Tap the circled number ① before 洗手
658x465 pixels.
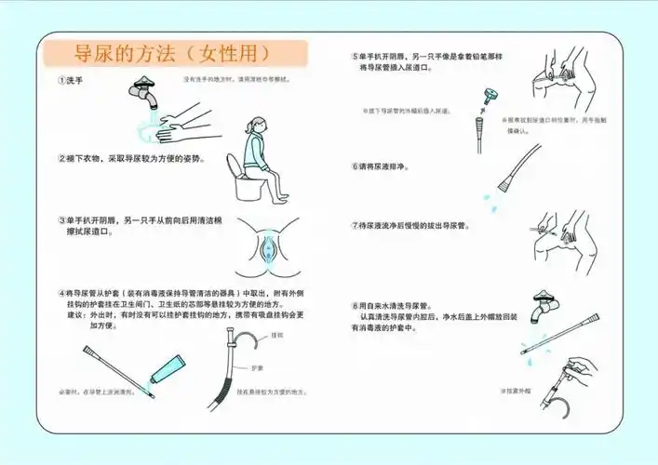[61, 81]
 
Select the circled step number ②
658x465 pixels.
[61, 158]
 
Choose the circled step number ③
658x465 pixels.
[61, 221]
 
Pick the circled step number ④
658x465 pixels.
[61, 291]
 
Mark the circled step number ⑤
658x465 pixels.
[356, 56]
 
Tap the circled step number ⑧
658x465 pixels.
[356, 305]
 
